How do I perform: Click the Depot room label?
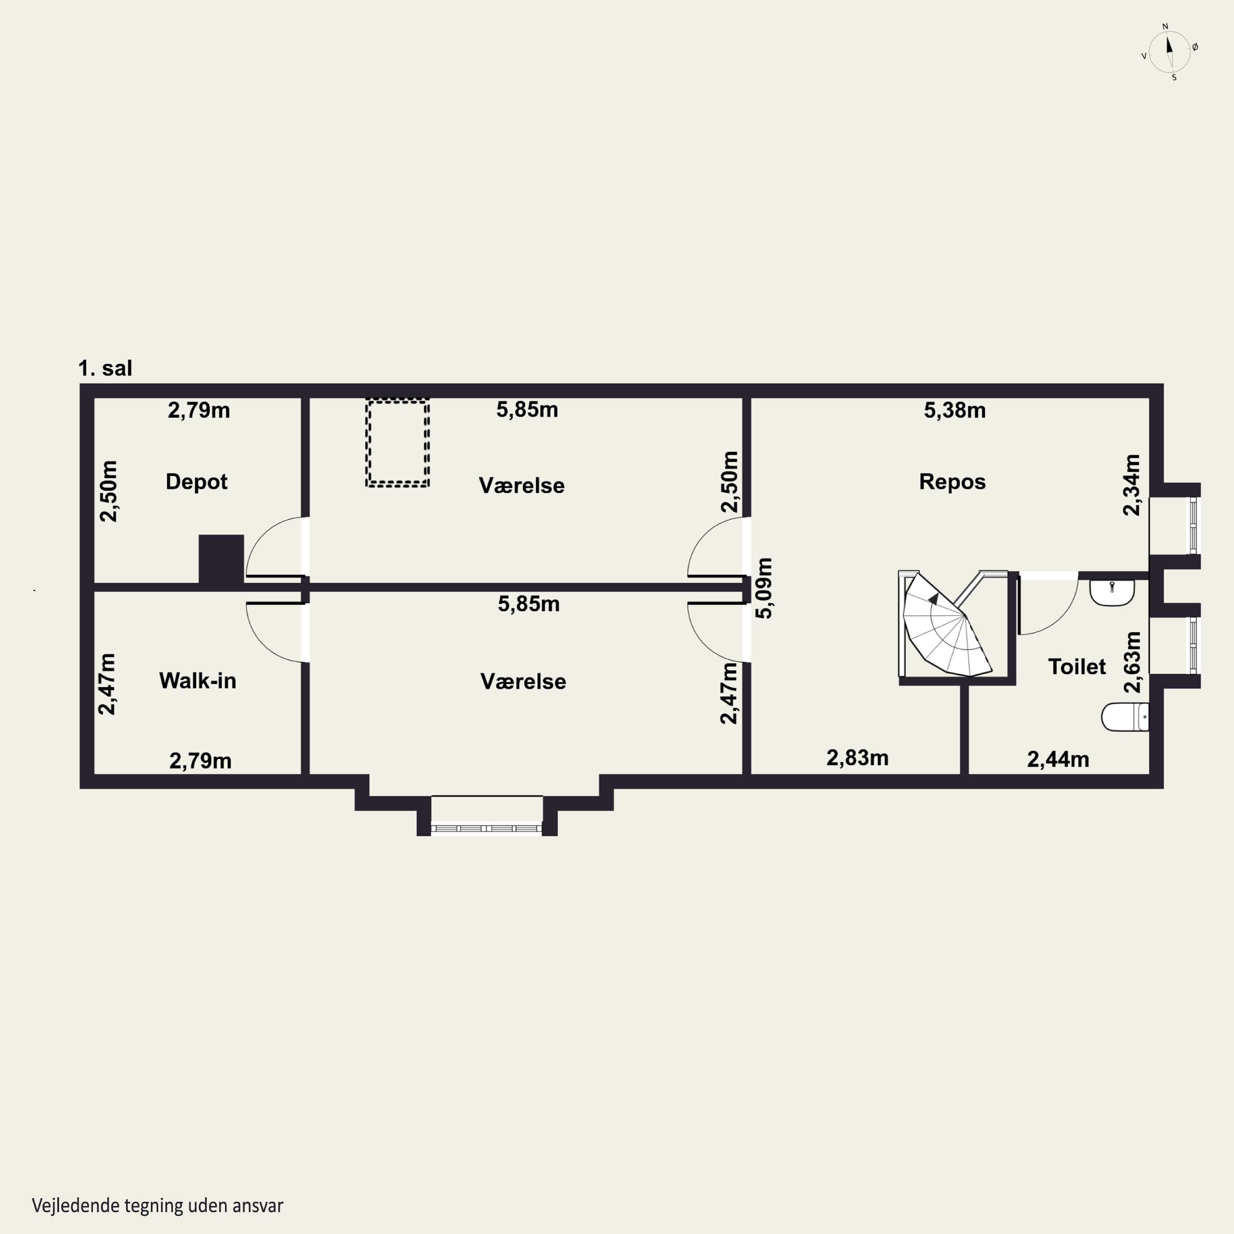196,482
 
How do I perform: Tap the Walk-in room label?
197,681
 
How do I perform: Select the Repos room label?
952,482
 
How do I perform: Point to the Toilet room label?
1077,667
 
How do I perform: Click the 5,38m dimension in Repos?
955,410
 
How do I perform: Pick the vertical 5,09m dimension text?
764,588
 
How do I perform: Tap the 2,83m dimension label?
857,758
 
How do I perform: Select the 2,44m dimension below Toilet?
1058,759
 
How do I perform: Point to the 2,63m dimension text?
1132,662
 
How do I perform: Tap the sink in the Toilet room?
1112,592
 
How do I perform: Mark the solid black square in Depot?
221,559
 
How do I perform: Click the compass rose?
1169,52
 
